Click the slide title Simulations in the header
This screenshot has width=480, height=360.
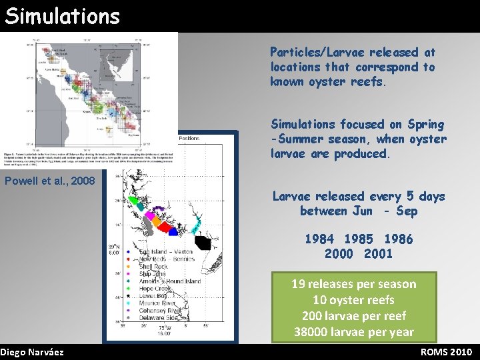pyautogui.click(x=62, y=15)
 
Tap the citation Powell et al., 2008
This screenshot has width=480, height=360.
pyautogui.click(x=50, y=181)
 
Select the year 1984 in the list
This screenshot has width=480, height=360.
pyautogui.click(x=319, y=239)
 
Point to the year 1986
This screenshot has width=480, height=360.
pyautogui.click(x=399, y=239)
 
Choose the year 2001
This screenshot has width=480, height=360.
pyautogui.click(x=379, y=253)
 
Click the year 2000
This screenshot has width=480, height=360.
pyautogui.click(x=339, y=253)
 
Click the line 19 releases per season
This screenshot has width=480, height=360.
pyautogui.click(x=353, y=284)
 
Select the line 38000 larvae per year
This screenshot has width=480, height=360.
pyautogui.click(x=353, y=332)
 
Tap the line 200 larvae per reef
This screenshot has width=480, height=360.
pyautogui.click(x=353, y=316)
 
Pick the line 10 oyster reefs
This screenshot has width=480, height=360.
pyautogui.click(x=353, y=300)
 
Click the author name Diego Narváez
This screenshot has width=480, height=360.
pyautogui.click(x=32, y=352)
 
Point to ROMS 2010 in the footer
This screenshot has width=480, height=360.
pyautogui.click(x=446, y=352)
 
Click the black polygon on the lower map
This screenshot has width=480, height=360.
pyautogui.click(x=205, y=243)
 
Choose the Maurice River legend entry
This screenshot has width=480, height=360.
pyautogui.click(x=158, y=303)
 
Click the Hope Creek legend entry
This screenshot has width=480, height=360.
pyautogui.click(x=155, y=289)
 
